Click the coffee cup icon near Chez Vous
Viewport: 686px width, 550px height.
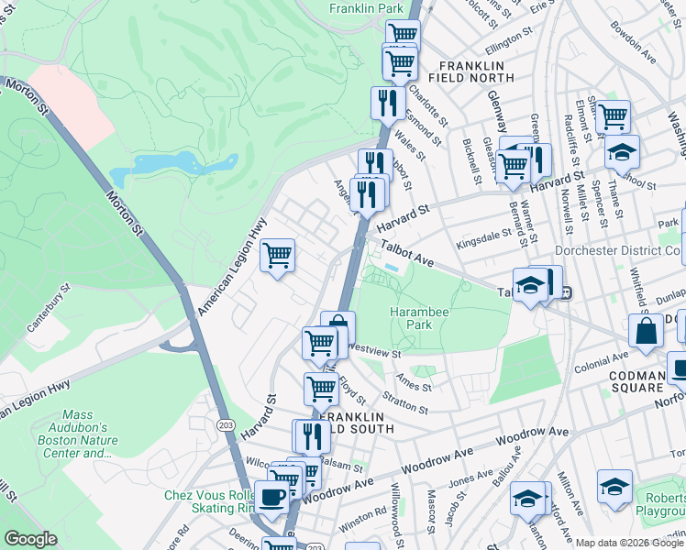tap(271, 497)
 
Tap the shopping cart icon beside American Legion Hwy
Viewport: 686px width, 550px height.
tap(277, 256)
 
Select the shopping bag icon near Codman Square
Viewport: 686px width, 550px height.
tap(646, 332)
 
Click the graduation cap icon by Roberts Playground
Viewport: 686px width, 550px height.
tap(614, 486)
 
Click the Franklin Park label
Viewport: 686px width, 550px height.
tap(367, 8)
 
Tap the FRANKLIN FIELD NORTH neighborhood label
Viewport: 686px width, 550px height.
tap(472, 73)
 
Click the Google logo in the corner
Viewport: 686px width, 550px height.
tap(30, 539)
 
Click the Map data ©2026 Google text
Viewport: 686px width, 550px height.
tap(629, 543)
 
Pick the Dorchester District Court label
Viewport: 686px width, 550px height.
tap(619, 250)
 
